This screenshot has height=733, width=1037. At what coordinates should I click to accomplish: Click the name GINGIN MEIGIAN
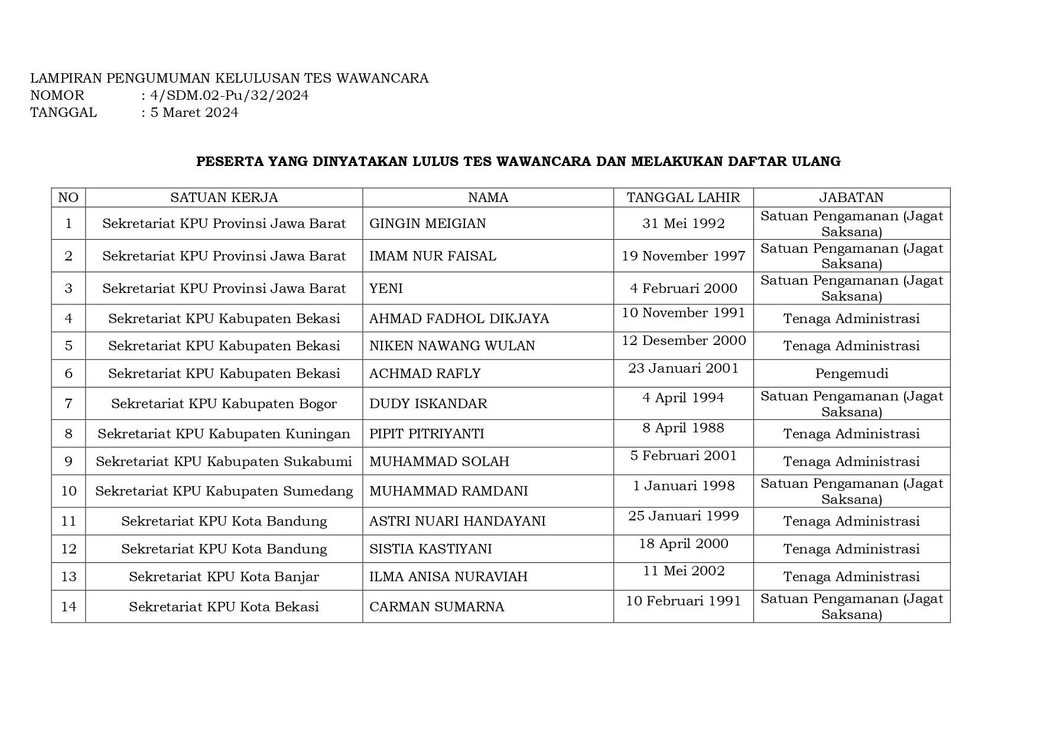[427, 223]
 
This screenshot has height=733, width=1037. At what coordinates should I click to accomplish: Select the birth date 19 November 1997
[683, 256]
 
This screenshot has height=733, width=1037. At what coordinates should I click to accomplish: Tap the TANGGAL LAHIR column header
[683, 197]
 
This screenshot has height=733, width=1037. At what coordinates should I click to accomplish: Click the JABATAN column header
[851, 197]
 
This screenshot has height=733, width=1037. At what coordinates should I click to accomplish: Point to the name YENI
[386, 288]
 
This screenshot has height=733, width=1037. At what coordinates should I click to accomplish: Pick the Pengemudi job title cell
[851, 373]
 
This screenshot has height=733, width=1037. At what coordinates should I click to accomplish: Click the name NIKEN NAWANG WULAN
[452, 346]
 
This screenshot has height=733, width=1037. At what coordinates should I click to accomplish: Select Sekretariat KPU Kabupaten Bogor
[224, 403]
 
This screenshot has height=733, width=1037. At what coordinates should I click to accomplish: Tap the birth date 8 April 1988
[683, 428]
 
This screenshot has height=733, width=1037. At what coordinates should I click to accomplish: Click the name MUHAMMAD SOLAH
[439, 461]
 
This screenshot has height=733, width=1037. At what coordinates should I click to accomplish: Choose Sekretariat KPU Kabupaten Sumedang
[224, 491]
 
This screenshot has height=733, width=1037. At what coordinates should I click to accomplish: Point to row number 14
[69, 607]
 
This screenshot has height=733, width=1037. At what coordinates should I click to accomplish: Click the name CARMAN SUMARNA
[437, 607]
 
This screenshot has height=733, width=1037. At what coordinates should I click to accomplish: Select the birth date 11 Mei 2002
[683, 571]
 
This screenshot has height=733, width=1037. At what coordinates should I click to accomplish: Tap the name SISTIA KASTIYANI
[430, 549]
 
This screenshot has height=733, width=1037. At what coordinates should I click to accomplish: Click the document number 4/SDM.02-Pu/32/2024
[229, 96]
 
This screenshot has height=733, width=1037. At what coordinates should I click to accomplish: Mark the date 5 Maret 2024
[194, 113]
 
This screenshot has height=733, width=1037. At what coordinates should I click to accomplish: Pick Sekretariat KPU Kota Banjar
[224, 576]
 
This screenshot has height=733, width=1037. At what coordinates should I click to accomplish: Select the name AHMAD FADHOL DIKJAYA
[459, 318]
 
